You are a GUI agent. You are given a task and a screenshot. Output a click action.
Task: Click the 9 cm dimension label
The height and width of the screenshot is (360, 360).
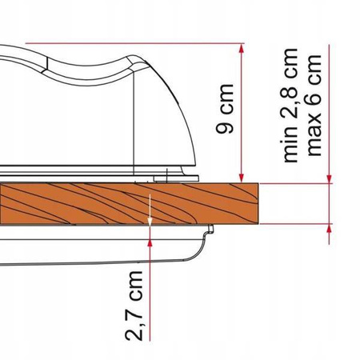225,109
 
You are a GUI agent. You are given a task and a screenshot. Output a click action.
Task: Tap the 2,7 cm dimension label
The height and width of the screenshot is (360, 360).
134,306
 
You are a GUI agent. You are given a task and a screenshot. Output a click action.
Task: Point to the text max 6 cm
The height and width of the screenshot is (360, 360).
314,105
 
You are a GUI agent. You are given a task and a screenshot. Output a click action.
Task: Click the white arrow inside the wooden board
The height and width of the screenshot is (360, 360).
150,210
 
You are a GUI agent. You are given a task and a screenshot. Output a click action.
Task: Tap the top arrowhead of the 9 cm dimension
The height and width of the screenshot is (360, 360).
242,48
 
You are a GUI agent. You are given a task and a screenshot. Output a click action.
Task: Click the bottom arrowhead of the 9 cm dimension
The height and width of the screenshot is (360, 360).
242,178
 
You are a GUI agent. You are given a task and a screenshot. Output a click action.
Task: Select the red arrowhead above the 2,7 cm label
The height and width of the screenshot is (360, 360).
150,242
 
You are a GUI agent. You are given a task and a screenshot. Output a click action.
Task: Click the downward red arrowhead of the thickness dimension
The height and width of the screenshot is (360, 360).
330,178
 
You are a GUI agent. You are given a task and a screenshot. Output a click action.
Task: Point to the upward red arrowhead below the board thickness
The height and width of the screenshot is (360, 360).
330,229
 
